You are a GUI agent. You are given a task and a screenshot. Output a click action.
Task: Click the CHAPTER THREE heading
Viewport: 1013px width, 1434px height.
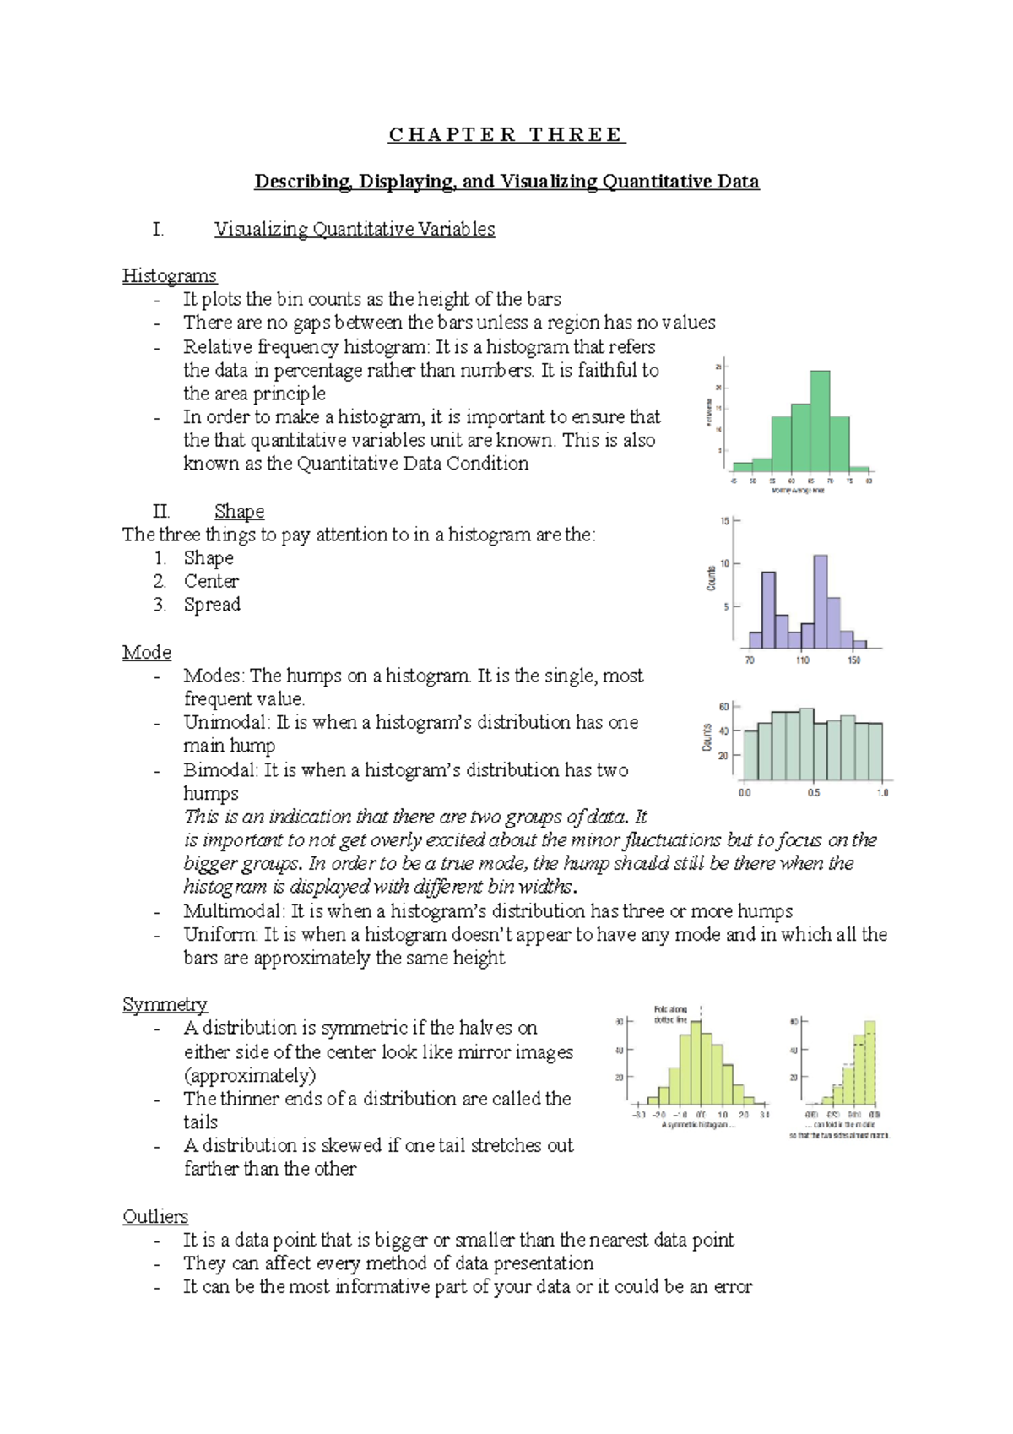506,135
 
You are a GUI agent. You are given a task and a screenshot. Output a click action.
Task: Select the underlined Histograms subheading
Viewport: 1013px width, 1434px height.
170,276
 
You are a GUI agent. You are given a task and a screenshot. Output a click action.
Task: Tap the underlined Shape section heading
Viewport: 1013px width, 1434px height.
239,512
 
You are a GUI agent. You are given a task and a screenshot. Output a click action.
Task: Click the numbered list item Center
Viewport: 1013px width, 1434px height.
211,582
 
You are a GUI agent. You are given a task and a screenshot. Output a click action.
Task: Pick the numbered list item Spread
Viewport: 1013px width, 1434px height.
212,605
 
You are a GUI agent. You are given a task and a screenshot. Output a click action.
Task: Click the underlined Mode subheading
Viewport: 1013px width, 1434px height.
147,653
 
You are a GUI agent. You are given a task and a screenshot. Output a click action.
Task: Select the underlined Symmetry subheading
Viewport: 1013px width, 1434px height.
165,1005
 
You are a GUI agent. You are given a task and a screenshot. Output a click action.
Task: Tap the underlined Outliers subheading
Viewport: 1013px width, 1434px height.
155,1217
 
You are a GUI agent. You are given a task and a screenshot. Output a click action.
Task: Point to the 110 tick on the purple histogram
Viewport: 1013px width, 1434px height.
802,660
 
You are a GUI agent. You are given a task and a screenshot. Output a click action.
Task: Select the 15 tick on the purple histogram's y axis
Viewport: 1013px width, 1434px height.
724,521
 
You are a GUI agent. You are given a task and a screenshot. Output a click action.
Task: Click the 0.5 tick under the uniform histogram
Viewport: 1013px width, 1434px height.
813,793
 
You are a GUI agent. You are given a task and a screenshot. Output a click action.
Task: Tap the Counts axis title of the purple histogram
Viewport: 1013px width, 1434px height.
711,579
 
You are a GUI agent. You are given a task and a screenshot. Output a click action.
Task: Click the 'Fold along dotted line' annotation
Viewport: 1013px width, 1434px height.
671,1014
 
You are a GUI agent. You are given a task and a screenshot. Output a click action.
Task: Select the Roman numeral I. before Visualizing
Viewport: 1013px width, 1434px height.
158,230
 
